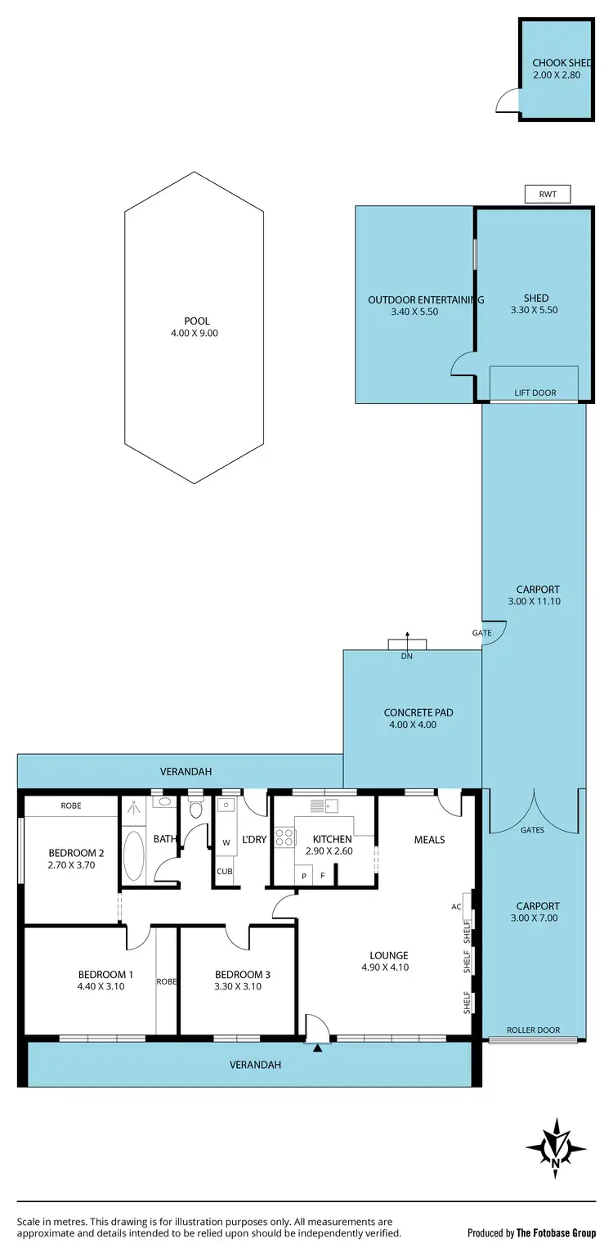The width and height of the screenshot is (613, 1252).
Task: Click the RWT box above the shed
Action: point(547,194)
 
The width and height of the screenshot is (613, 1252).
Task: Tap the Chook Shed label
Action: point(562,62)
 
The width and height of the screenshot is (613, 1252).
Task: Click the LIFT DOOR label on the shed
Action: point(535,393)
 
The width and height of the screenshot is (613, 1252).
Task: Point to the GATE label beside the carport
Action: point(481,633)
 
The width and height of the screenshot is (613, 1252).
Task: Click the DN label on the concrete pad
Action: point(406,656)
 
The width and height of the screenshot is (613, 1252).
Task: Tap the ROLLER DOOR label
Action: point(533,1030)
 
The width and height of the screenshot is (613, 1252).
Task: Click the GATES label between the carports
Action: point(532,830)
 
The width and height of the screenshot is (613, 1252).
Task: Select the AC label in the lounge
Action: point(456,906)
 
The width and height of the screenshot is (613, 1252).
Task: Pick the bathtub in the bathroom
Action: point(133,855)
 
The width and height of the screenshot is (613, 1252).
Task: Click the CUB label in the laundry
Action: point(224,871)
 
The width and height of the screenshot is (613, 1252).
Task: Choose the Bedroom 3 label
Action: point(242,974)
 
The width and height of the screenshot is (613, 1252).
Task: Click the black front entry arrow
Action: point(317,1048)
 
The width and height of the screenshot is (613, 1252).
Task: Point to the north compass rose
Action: point(556,1148)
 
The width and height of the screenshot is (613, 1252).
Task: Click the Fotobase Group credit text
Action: point(531,1232)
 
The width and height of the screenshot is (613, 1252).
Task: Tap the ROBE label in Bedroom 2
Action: point(71,805)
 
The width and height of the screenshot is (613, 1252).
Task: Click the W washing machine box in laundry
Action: point(226,842)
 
